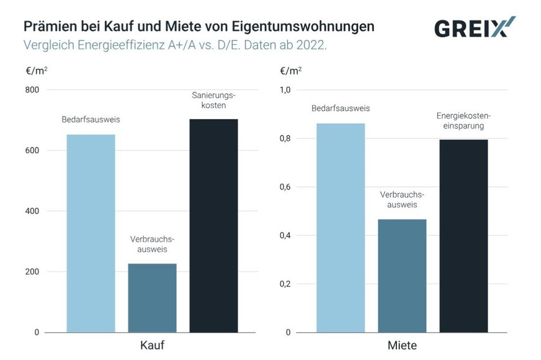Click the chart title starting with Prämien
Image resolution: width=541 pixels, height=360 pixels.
pyautogui.click(x=199, y=27)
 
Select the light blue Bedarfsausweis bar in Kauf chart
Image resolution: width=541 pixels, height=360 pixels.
pyautogui.click(x=91, y=233)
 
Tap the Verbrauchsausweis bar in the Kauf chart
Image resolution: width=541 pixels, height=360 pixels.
pyautogui.click(x=152, y=298)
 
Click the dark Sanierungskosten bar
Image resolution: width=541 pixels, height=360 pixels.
pyautogui.click(x=213, y=225)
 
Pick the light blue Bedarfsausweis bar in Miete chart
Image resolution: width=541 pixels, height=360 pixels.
pyautogui.click(x=341, y=228)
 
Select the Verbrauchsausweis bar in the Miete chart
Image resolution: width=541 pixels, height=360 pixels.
pyautogui.click(x=402, y=276)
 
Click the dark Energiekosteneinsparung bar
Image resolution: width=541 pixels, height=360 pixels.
pyautogui.click(x=463, y=236)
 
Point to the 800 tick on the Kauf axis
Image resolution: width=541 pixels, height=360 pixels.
pyautogui.click(x=32, y=90)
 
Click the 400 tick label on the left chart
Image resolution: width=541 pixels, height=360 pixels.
pyautogui.click(x=32, y=211)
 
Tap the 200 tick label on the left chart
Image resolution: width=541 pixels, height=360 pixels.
pyautogui.click(x=32, y=272)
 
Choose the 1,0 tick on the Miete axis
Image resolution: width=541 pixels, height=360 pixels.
pyautogui.click(x=285, y=90)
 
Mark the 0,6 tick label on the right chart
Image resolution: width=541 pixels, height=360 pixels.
pyautogui.click(x=285, y=187)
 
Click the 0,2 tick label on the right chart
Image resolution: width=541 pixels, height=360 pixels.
pyautogui.click(x=285, y=284)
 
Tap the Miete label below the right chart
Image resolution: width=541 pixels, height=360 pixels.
pyautogui.click(x=402, y=345)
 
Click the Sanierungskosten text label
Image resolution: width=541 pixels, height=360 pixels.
pyautogui.click(x=213, y=101)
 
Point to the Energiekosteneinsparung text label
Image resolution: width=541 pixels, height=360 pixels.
pyautogui.click(x=463, y=121)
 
